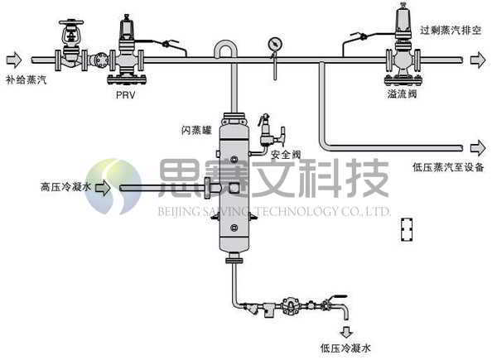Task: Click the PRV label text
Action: tap(126, 95)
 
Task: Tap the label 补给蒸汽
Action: tap(27, 79)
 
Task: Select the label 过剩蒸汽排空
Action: tap(451, 31)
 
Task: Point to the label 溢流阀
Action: tap(402, 94)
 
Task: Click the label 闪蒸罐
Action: tap(196, 130)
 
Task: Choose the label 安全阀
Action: tap(286, 155)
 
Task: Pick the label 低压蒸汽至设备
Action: tap(448, 167)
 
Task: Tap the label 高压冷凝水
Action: tap(65, 187)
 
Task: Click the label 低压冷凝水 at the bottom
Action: tap(345, 348)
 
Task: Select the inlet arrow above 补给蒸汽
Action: tap(14, 60)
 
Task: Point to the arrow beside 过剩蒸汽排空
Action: tap(478, 60)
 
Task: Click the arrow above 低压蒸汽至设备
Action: tap(478, 147)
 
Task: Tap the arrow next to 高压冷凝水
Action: tap(103, 188)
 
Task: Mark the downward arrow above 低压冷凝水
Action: tap(346, 332)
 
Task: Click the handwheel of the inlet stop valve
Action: tap(71, 23)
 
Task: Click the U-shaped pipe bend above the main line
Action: tap(225, 49)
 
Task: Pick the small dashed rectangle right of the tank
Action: tap(407, 230)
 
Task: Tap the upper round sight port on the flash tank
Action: tap(234, 158)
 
